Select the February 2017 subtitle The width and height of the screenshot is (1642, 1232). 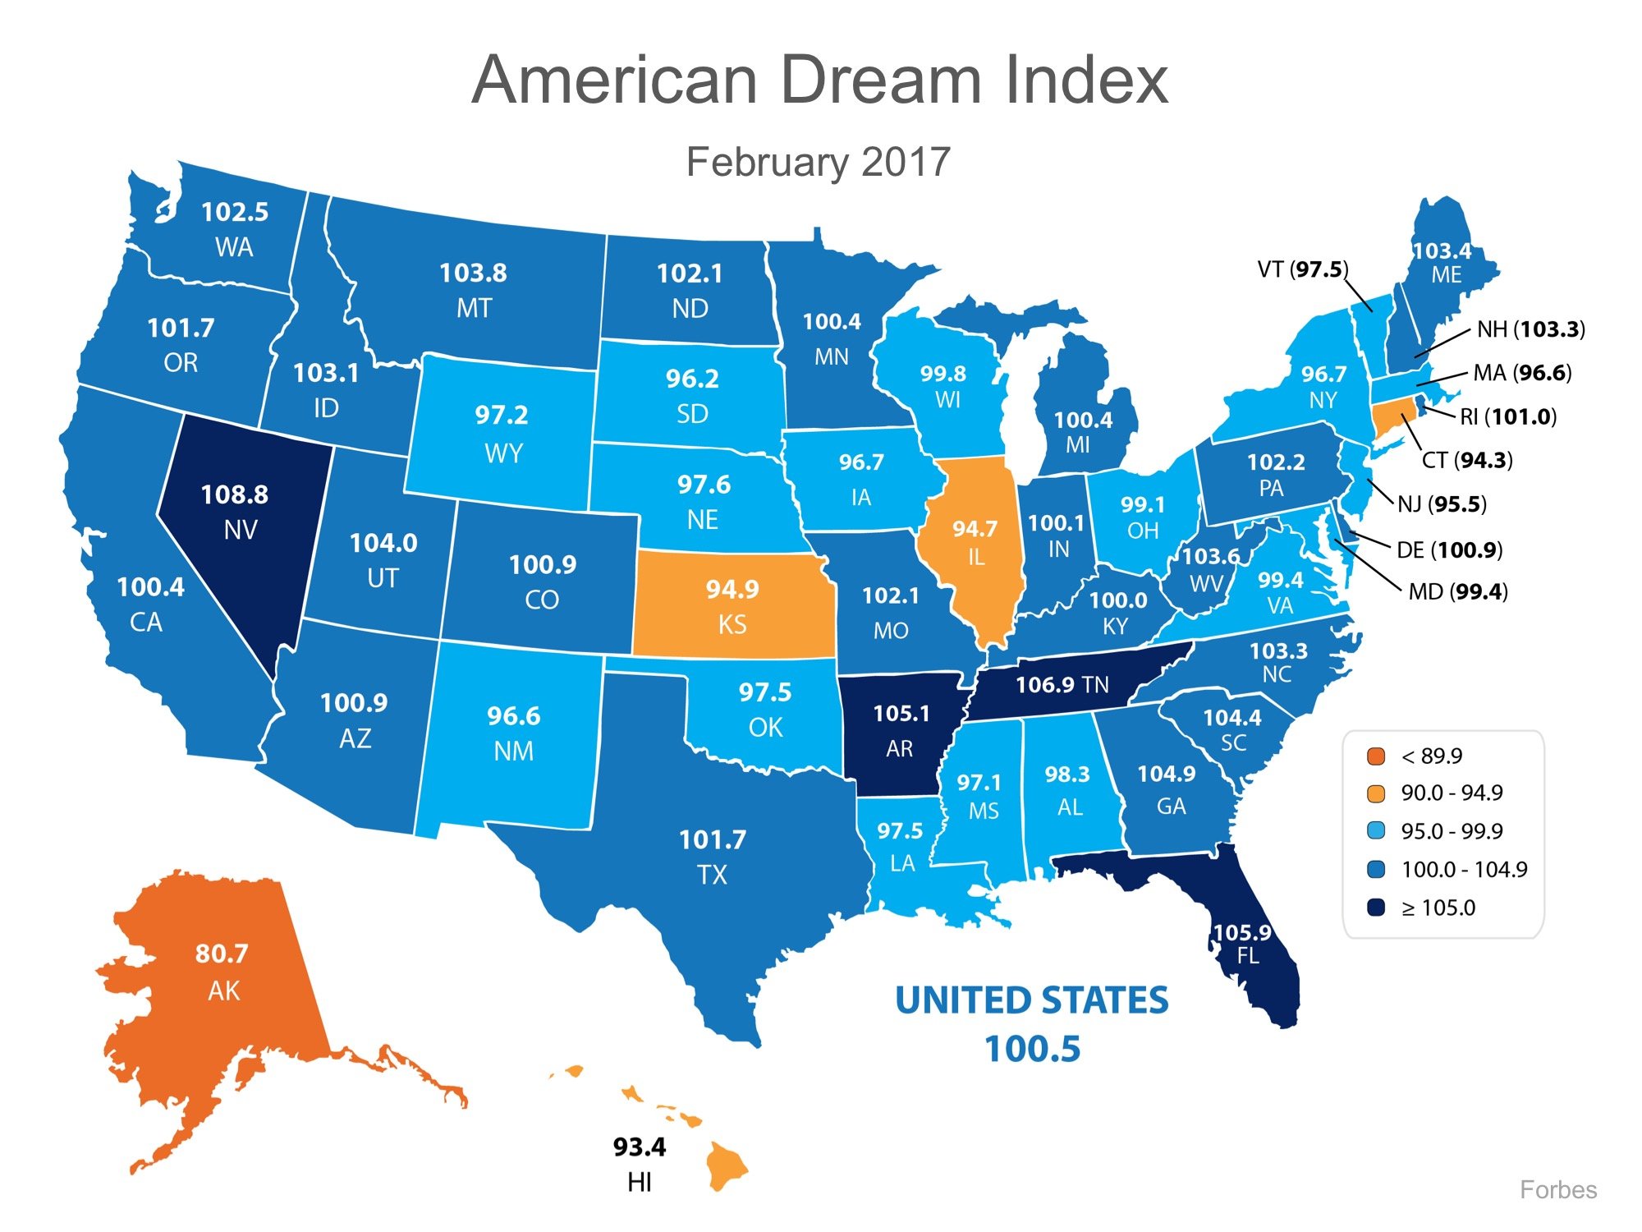tap(818, 162)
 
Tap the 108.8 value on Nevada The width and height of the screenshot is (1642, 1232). tap(235, 494)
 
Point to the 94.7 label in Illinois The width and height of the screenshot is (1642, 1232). tap(975, 529)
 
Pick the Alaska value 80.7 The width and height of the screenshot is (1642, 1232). tap(222, 954)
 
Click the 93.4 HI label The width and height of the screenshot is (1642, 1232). tap(640, 1147)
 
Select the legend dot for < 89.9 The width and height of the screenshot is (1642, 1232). tap(1376, 756)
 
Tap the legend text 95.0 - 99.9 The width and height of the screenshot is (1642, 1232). tap(1452, 831)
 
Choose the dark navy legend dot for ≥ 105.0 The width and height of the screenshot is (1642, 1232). tap(1376, 908)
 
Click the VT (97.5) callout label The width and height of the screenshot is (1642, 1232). tap(1303, 269)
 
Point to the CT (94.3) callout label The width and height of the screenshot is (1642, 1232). tap(1467, 460)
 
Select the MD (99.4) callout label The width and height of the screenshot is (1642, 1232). tap(1458, 591)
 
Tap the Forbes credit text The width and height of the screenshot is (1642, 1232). tap(1557, 1190)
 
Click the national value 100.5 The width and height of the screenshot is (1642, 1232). tap(1032, 1049)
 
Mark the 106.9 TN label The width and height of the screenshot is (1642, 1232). tap(1062, 684)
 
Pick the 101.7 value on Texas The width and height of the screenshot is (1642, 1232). tap(713, 839)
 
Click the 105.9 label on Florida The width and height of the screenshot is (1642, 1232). tap(1242, 933)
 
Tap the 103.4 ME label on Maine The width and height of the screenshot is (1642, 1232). tap(1442, 251)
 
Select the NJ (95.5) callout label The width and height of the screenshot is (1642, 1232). tap(1442, 503)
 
